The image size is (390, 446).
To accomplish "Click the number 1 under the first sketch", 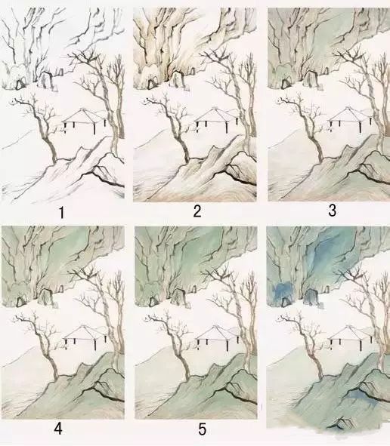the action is point(61,213).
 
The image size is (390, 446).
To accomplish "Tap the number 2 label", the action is point(197,211).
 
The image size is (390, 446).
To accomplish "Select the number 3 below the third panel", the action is point(332,211).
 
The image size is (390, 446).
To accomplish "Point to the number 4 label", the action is point(58,429).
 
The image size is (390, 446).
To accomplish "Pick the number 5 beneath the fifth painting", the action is point(202,429).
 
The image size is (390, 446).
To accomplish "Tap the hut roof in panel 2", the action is point(216,115).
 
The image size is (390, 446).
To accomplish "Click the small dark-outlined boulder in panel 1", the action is point(20,85).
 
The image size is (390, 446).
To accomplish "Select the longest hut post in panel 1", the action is point(94,128).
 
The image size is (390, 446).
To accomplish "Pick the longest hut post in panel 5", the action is point(227,345).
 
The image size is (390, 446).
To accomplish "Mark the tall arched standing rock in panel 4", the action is point(46,297).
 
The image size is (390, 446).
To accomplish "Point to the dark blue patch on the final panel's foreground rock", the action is point(360,396).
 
